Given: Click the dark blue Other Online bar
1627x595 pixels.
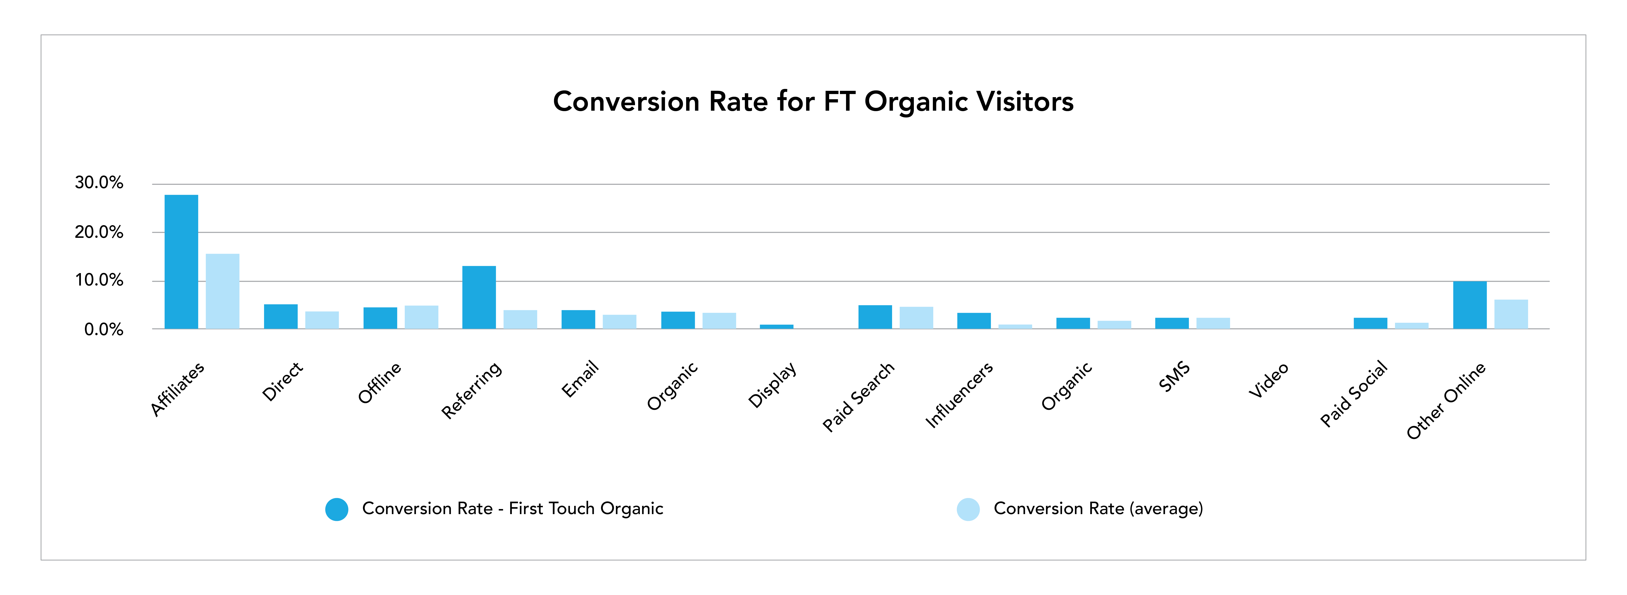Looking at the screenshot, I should pos(1470,305).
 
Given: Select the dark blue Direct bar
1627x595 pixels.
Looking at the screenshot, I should pos(281,316).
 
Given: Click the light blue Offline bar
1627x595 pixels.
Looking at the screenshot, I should pos(421,317).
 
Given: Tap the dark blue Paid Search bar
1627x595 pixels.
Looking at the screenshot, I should pos(875,317).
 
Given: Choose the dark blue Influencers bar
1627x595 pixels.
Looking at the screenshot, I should pos(974,321).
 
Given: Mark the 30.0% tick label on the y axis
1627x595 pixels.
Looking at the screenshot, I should pos(99,183).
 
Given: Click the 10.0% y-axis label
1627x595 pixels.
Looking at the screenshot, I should pos(99,280).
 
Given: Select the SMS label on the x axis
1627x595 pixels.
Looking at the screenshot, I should pos(1174,377).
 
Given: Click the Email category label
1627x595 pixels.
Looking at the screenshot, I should pos(580,379).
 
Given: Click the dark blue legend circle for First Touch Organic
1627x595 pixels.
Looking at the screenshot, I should pos(337,509).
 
